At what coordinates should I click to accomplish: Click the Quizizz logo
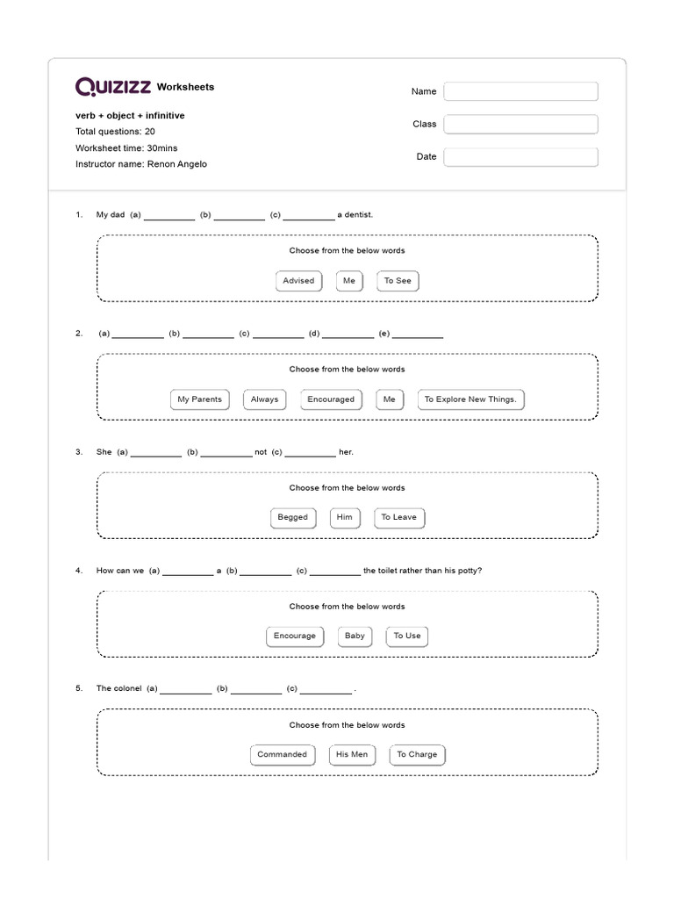[x=114, y=86]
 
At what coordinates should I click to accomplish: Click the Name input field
[x=520, y=91]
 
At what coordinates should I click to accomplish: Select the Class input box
[x=520, y=124]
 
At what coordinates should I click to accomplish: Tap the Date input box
[x=520, y=157]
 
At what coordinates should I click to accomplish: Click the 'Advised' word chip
[x=298, y=281]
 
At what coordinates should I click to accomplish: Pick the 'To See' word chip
[x=398, y=281]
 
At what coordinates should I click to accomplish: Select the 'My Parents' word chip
[x=200, y=399]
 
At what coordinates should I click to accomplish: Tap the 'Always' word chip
[x=264, y=399]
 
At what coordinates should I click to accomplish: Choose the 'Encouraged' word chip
[x=331, y=399]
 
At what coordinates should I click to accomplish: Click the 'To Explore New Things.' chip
[x=470, y=399]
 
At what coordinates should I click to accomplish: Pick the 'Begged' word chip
[x=293, y=518]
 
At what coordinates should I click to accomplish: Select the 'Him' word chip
[x=344, y=518]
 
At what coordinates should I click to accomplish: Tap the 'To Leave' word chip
[x=398, y=518]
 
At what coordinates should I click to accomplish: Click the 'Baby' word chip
[x=355, y=636]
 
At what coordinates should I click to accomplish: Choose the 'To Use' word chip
[x=407, y=636]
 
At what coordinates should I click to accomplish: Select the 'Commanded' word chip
[x=283, y=755]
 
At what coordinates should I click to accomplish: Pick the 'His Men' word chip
[x=352, y=755]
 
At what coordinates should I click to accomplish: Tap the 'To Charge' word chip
[x=417, y=755]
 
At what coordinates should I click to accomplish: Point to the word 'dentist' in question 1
[x=359, y=214]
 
